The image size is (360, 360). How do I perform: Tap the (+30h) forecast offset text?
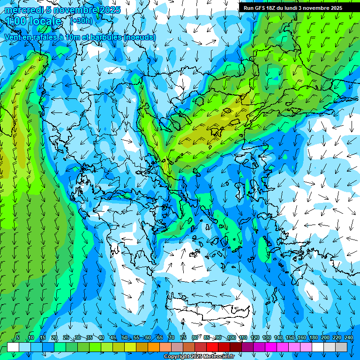click(x=81, y=21)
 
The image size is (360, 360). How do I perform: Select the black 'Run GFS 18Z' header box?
click(x=299, y=7)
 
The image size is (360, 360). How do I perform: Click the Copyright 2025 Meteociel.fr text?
click(x=199, y=357)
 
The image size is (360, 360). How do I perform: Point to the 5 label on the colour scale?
click(x=18, y=337)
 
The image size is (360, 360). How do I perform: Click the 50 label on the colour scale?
click(x=124, y=337)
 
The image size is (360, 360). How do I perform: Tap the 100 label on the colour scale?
click(x=231, y=337)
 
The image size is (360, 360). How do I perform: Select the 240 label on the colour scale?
click(x=349, y=337)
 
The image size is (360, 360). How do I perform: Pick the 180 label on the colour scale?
click(x=313, y=337)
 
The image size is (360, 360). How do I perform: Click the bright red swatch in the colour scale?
click(x=212, y=347)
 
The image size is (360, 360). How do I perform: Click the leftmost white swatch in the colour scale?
click(x=13, y=347)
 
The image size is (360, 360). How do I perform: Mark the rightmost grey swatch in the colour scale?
click(x=342, y=347)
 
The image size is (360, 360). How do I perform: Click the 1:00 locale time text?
click(x=34, y=21)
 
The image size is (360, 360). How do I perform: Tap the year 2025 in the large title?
click(x=106, y=10)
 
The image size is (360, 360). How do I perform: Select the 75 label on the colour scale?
click(x=183, y=337)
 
